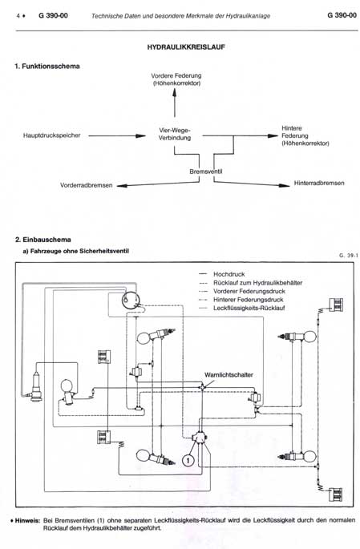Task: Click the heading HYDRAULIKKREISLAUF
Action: (185, 47)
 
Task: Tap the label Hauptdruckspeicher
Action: (52, 135)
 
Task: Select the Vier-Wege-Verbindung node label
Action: (175, 134)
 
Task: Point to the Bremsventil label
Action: (205, 172)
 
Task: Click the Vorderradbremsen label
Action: (86, 185)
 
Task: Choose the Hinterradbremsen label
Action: (319, 183)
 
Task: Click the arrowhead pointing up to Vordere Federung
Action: (175, 92)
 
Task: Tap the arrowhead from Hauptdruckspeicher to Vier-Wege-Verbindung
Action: (141, 135)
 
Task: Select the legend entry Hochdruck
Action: (229, 274)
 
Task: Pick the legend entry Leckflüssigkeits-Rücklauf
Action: (249, 308)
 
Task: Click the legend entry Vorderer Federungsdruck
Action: (249, 291)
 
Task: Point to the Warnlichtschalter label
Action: (229, 374)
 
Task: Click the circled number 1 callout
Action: (188, 459)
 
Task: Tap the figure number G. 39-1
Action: (349, 255)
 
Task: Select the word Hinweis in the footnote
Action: (27, 521)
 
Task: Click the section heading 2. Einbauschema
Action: (43, 240)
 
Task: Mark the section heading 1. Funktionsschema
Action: (47, 67)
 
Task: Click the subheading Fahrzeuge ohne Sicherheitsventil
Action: (79, 251)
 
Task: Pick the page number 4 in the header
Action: (18, 16)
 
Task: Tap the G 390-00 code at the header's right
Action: (342, 15)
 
